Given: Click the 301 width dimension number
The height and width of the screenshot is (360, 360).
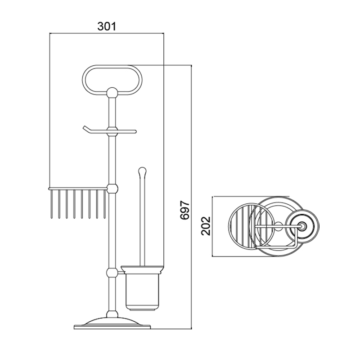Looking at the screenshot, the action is pyautogui.click(x=107, y=27).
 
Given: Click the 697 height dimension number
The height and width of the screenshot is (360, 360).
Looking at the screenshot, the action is pyautogui.click(x=184, y=210).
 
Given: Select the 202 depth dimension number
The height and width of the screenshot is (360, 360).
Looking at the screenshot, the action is pyautogui.click(x=206, y=226).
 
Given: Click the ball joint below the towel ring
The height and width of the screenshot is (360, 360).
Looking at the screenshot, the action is pyautogui.click(x=112, y=92).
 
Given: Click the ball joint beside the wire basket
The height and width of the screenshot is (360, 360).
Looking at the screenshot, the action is pyautogui.click(x=112, y=188).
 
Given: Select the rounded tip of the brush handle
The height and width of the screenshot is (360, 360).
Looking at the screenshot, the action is pyautogui.click(x=143, y=171).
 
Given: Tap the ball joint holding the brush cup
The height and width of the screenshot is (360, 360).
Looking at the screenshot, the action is pyautogui.click(x=112, y=273).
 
